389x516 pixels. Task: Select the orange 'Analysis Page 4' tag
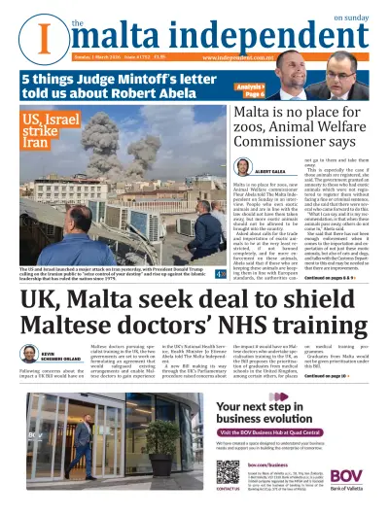click(x=254, y=89)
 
